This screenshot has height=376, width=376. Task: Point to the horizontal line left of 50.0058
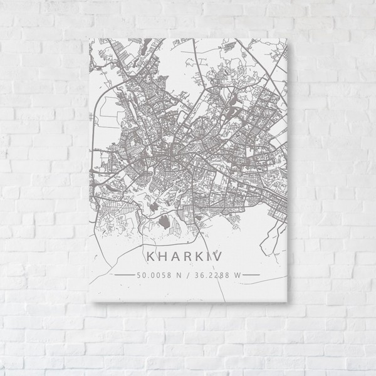coord(122,274)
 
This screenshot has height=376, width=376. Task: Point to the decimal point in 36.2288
coord(204,275)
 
